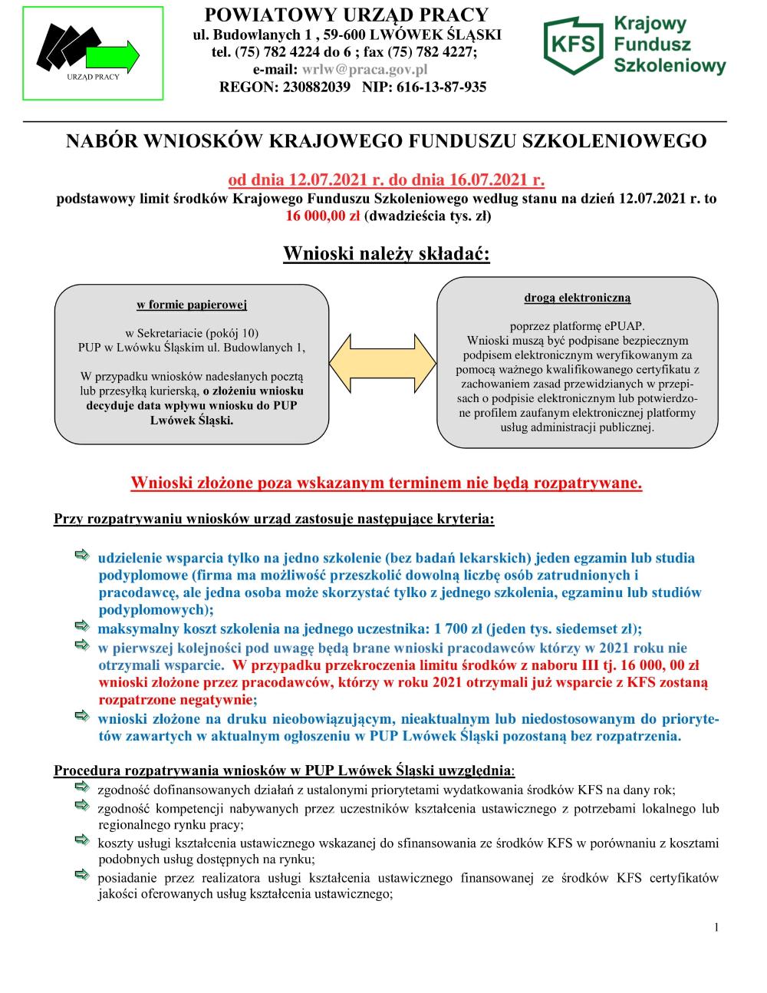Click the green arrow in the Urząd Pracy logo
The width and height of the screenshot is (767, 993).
[114, 55]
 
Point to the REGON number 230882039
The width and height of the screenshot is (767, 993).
[313, 87]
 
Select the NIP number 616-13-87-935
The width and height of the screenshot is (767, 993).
[440, 87]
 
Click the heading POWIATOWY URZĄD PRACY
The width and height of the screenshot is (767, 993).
[347, 15]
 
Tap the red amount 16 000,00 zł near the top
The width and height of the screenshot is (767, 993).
[323, 216]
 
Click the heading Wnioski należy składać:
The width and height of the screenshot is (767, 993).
[387, 253]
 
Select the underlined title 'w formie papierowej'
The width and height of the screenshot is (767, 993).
[192, 305]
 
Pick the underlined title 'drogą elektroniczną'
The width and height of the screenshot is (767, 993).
[578, 297]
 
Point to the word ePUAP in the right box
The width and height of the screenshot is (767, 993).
[627, 325]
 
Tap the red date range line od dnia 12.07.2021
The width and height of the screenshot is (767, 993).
[387, 181]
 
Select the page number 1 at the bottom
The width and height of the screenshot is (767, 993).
[716, 928]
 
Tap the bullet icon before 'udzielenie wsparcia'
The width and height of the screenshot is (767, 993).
[81, 555]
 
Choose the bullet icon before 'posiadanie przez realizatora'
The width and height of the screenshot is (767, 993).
[81, 875]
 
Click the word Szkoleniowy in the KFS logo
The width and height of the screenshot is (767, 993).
[670, 67]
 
